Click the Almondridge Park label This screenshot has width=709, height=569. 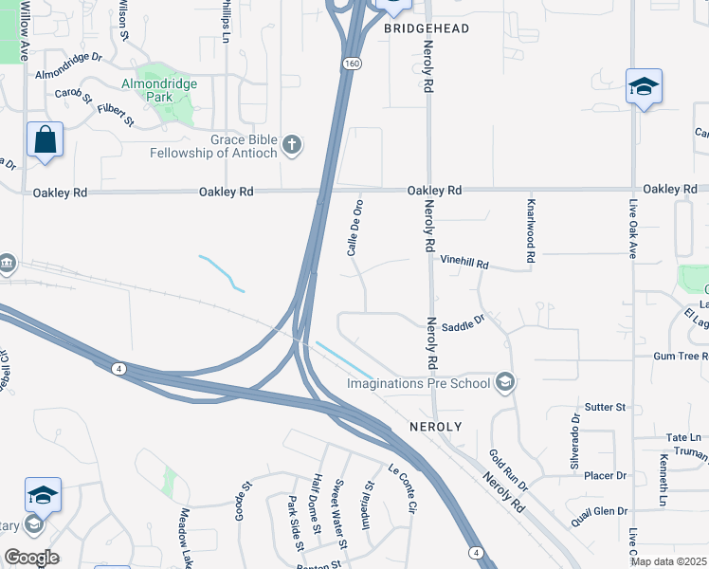click(x=159, y=83)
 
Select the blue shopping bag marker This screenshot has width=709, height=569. click(x=45, y=141)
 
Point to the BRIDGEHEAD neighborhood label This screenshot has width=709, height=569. click(x=427, y=29)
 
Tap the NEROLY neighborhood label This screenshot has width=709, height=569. click(x=435, y=427)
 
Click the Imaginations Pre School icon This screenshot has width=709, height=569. click(x=505, y=382)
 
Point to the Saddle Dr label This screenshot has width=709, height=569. click(x=463, y=321)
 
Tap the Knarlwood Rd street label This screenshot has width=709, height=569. click(x=532, y=229)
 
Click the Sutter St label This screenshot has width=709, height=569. click(x=606, y=407)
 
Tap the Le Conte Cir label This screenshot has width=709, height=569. click(x=402, y=485)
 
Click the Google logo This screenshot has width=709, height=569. click(x=31, y=558)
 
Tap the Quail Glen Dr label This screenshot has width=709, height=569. click(x=599, y=510)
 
